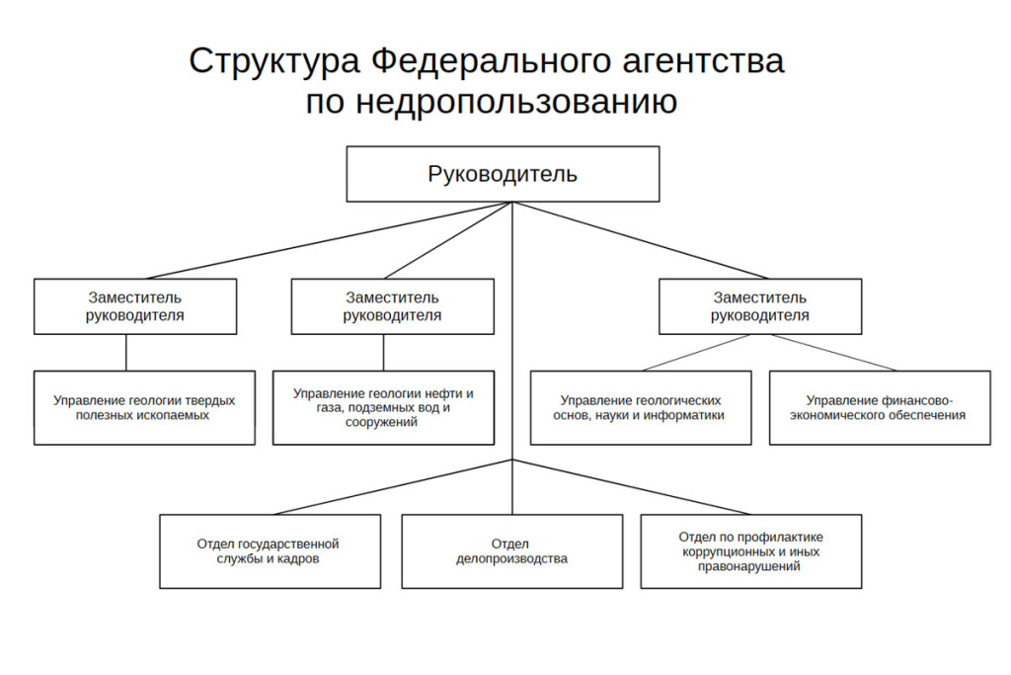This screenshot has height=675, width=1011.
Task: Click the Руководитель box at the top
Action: coord(503,174)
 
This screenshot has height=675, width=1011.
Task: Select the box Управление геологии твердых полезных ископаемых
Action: coord(144,407)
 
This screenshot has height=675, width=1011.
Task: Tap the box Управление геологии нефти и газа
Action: coord(383,407)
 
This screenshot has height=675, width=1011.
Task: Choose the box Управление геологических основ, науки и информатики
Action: coord(641,407)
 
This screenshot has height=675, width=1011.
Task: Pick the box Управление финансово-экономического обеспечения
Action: coord(880,407)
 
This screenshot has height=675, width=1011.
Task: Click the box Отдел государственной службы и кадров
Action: coord(270,550)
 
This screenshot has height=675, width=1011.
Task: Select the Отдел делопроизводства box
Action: coord(511,550)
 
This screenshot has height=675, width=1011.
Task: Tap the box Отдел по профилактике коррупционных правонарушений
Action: coord(750,550)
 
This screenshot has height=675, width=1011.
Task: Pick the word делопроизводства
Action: coord(511,558)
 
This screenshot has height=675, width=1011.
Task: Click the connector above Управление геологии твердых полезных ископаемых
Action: coord(125,353)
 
